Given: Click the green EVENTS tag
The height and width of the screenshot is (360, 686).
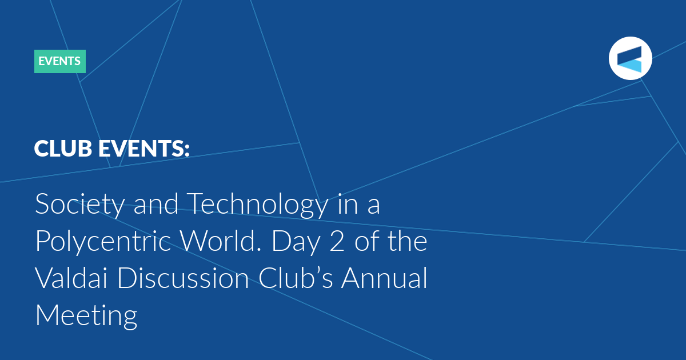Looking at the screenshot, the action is tap(60, 61).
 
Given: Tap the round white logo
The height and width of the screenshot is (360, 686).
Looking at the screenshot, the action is tap(630, 58).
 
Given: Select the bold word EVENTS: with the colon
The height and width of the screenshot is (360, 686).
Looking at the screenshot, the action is tap(144, 149).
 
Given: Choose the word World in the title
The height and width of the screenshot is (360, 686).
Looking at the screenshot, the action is tap(221, 241).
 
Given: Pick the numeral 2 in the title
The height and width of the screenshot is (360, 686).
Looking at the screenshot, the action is tap(337, 241).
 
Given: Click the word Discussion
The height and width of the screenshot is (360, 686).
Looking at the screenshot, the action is tap(183, 278).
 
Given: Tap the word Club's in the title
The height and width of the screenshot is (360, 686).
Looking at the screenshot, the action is tap(296, 278).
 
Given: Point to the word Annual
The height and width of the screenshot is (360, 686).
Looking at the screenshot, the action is tap(384, 278).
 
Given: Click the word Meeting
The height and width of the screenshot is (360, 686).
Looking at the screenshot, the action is tap(86, 316).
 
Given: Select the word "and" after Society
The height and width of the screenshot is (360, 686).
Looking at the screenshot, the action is tap(156, 203).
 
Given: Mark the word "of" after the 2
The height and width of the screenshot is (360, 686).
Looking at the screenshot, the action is tap(367, 241).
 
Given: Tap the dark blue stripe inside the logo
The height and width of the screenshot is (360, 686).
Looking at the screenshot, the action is tap(629, 55).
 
